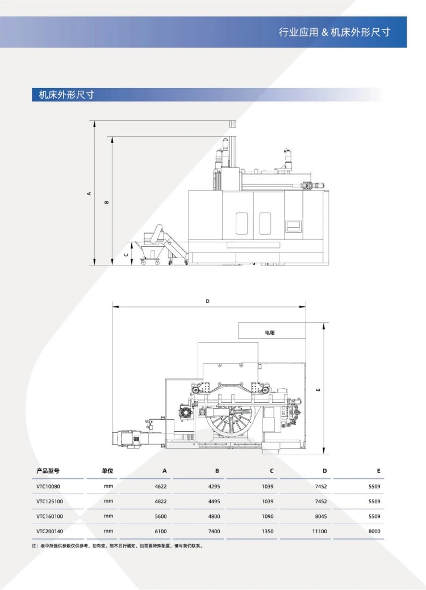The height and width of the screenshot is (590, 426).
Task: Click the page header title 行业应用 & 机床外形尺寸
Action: [335, 32]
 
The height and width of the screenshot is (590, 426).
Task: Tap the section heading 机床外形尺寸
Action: [66, 95]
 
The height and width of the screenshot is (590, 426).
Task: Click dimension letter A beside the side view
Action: [89, 193]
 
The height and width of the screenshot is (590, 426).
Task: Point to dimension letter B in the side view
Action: [107, 202]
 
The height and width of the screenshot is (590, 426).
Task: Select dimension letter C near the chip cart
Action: [126, 254]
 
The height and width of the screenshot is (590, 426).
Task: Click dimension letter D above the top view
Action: [207, 301]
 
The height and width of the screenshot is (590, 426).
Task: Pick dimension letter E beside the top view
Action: [318, 389]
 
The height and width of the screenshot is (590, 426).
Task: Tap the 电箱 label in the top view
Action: [270, 332]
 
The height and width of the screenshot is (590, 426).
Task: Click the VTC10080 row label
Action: [48, 486]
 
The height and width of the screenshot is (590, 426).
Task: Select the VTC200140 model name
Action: [50, 532]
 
